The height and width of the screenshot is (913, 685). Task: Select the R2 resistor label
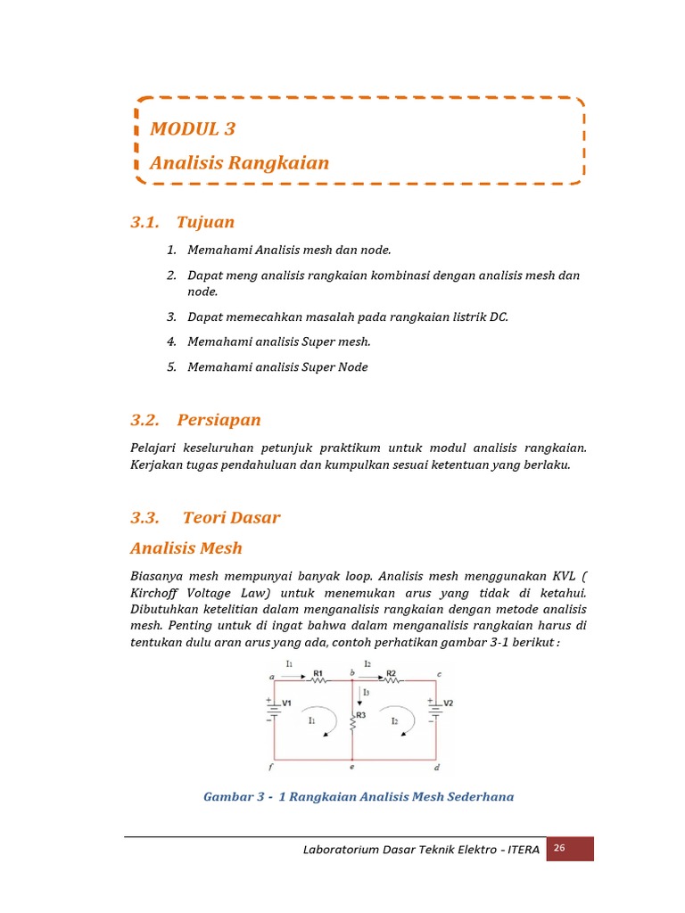point(391,674)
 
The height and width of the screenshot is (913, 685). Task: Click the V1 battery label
point(287,703)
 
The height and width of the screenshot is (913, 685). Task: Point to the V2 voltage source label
point(449,703)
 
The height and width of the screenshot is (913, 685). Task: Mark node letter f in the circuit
point(270,766)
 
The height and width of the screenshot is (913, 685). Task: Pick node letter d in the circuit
point(435,767)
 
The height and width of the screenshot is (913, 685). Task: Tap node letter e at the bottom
point(352,767)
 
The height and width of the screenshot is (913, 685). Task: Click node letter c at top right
point(437,673)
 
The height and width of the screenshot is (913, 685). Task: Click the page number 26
point(559,849)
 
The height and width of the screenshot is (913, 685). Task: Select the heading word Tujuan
point(205,222)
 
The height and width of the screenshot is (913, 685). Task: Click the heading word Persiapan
point(219,419)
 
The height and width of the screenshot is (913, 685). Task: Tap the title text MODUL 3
point(193,128)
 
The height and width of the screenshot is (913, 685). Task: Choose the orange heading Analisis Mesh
point(186,547)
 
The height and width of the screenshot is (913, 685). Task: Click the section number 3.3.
point(144,517)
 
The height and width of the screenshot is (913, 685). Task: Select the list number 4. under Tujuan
point(171,341)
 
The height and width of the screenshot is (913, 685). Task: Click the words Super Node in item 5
point(335,366)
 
